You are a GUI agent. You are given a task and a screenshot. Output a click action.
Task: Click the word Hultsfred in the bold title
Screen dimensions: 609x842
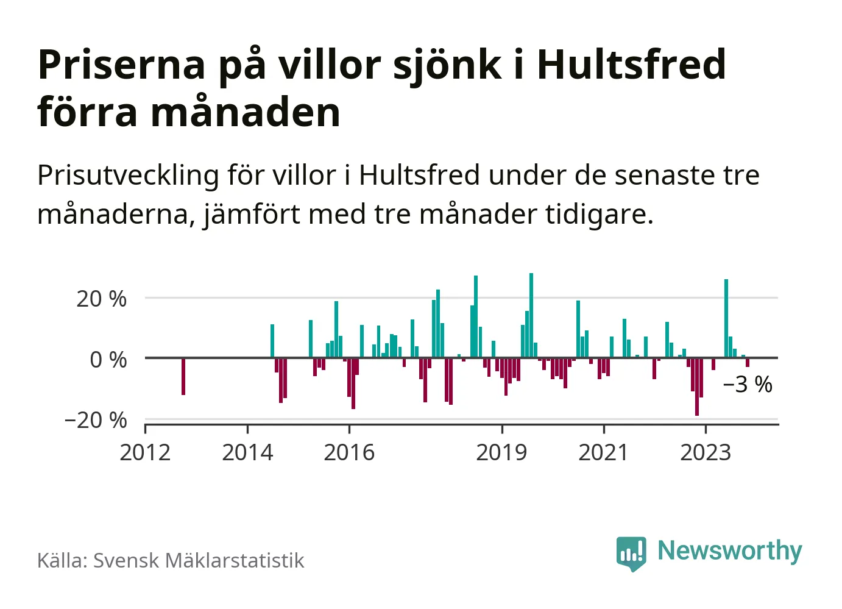pyautogui.click(x=631, y=65)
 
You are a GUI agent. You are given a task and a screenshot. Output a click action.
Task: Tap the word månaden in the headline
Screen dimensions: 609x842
pyautogui.click(x=246, y=113)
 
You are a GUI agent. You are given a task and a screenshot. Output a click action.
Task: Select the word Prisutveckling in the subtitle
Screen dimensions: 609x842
pyautogui.click(x=128, y=176)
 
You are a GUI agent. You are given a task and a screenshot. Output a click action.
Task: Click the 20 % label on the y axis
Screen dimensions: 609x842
pyautogui.click(x=101, y=299)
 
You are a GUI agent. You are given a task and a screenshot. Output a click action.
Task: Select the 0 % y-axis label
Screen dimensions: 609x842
pyautogui.click(x=108, y=360)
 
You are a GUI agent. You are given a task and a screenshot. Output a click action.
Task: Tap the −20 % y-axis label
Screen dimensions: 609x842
pyautogui.click(x=96, y=420)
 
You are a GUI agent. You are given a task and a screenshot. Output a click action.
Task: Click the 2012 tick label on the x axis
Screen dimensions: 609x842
pyautogui.click(x=145, y=453)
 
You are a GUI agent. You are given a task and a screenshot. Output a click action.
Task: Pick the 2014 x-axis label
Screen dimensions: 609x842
pyautogui.click(x=247, y=453)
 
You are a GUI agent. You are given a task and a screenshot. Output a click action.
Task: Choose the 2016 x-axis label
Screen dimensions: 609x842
pyautogui.click(x=349, y=453)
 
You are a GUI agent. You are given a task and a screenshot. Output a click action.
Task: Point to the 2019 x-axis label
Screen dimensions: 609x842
pyautogui.click(x=501, y=453)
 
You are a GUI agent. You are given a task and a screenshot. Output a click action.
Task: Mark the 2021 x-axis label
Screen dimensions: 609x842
pyautogui.click(x=603, y=453)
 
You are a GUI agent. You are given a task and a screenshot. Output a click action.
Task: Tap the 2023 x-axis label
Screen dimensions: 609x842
pyautogui.click(x=706, y=453)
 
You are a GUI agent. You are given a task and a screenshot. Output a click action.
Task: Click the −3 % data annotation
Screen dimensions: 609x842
pyautogui.click(x=748, y=385)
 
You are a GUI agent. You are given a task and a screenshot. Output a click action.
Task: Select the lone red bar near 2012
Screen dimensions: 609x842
pyautogui.click(x=183, y=376)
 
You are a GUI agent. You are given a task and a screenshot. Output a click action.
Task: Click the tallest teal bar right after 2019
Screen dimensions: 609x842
pyautogui.click(x=531, y=315)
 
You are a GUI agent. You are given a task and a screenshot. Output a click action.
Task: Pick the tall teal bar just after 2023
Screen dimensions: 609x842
pyautogui.click(x=726, y=318)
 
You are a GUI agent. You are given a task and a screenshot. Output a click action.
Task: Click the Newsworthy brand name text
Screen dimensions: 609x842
pyautogui.click(x=729, y=551)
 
